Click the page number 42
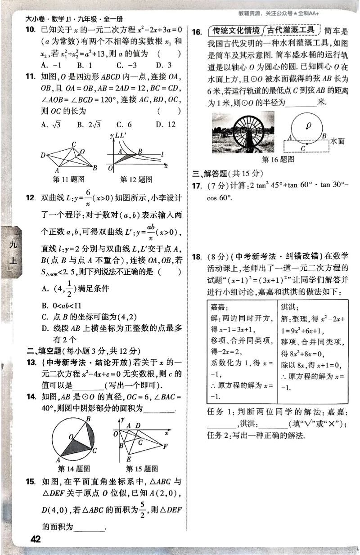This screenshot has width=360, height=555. coord(35,539)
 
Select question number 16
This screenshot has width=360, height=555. coord(197,31)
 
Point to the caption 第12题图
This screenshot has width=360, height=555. coord(136,179)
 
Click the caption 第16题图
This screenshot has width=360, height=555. coord(278,159)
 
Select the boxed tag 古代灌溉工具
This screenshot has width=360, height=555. coord(291,31)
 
